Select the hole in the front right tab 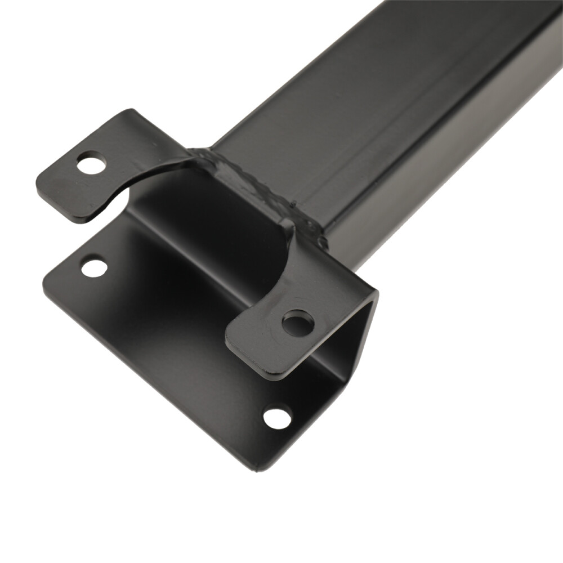tap(297, 323)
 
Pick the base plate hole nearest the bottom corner tap(278, 417)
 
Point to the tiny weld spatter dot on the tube tap(294, 202)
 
